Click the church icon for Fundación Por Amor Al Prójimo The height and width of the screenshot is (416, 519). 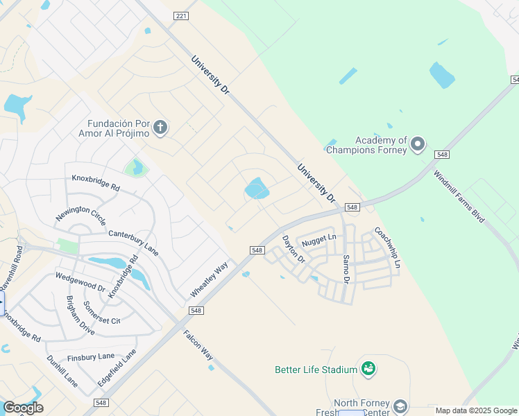click(x=160, y=127)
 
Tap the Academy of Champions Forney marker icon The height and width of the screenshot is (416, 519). click(x=417, y=144)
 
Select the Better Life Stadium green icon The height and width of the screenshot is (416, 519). click(x=368, y=368)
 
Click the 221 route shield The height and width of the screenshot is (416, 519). click(x=180, y=15)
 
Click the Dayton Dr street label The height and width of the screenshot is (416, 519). click(x=293, y=248)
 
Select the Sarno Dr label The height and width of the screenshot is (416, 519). click(x=346, y=268)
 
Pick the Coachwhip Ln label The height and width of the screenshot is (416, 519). click(x=387, y=248)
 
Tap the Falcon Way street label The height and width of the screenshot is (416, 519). click(x=198, y=343)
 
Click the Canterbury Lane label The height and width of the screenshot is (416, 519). click(x=133, y=242)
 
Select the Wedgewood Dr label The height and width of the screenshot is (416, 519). click(x=80, y=282)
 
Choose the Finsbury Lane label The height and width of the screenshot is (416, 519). click(x=91, y=357)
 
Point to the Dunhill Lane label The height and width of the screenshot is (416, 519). click(x=62, y=371)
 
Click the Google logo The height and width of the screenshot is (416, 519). click(x=23, y=407)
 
